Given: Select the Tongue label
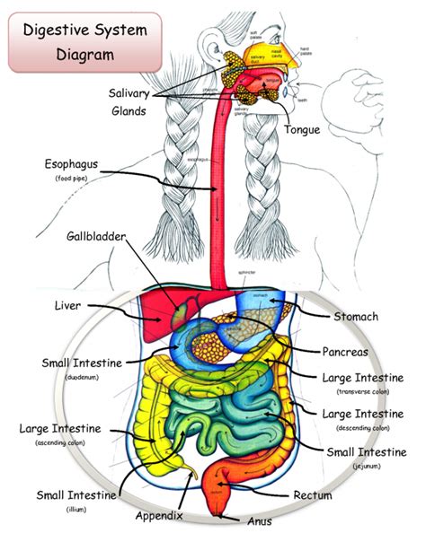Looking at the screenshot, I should pos(302,130).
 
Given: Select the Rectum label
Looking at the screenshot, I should pos(313,494).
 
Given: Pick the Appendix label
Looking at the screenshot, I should pos(159,516).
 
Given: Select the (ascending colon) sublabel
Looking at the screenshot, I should pos(60,443).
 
